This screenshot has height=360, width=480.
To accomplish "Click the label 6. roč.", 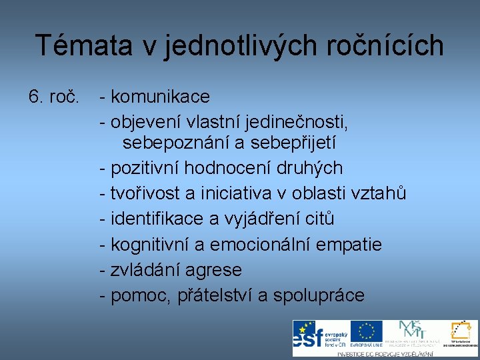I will [x=53, y=97].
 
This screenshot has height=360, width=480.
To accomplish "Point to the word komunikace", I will [x=160, y=97].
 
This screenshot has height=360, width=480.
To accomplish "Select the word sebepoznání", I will [x=173, y=143].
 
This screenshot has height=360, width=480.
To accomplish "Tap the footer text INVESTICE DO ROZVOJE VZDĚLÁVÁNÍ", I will [x=385, y=354].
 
